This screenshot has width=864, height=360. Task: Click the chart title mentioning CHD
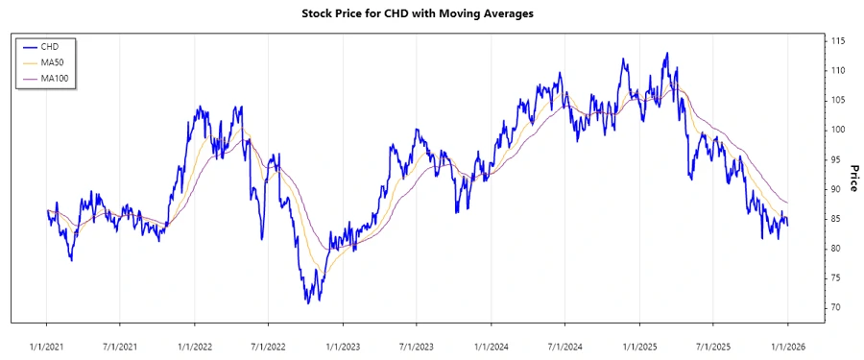tap(431, 13)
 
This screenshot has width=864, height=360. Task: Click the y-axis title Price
tap(852, 178)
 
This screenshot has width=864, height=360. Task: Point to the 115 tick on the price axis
tap(838, 41)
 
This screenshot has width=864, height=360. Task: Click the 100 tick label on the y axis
tap(838, 130)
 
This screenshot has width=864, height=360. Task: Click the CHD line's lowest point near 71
tap(308, 302)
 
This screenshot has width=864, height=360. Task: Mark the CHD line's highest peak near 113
tap(666, 54)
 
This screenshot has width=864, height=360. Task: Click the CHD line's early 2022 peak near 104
tap(199, 107)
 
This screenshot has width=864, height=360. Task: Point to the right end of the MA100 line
tap(788, 203)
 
